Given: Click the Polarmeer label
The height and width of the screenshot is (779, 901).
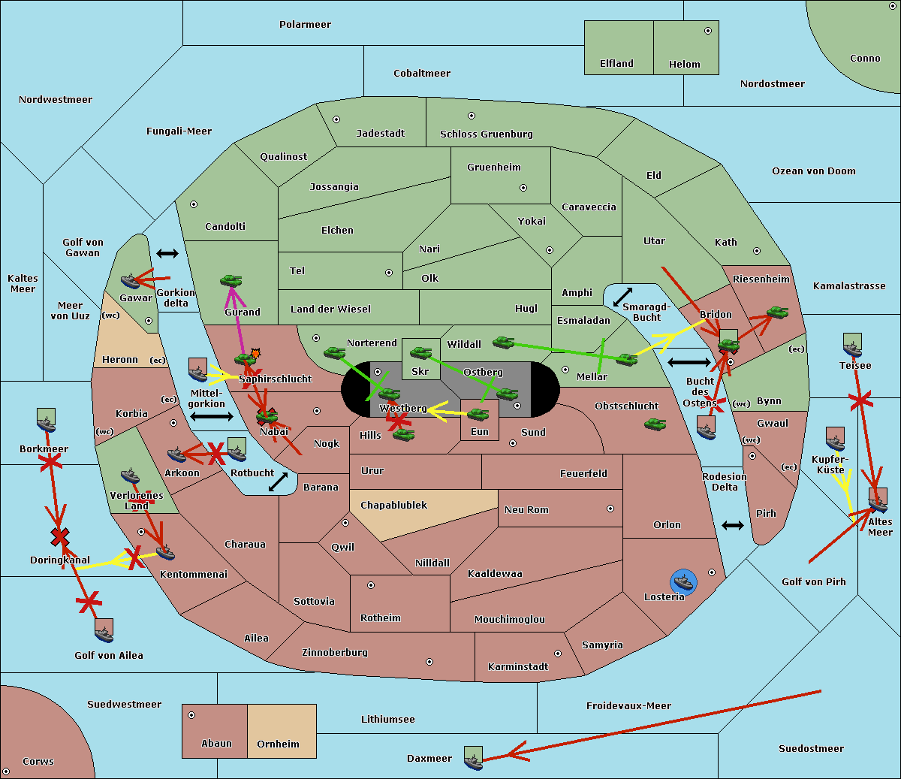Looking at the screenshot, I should point(305,25).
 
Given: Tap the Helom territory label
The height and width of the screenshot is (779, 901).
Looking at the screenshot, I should point(684,65).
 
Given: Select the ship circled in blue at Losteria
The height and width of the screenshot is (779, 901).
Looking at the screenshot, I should point(683,581).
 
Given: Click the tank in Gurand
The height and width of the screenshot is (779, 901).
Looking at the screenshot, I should point(231,280).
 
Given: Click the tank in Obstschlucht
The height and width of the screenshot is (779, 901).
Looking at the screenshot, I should point(655,424).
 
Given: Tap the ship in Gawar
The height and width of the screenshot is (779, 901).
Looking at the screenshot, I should point(131,281).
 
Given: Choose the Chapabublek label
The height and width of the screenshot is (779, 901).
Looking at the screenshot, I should point(393,506).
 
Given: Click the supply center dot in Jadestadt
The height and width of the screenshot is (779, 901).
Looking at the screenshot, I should point(336,119).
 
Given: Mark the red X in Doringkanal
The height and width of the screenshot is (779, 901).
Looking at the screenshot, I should point(60,536).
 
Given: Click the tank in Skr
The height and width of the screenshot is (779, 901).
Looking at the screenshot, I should point(420,352).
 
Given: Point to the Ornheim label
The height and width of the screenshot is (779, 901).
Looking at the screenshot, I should point(278,744).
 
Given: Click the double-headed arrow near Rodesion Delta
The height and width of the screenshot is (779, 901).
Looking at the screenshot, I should point(733,525).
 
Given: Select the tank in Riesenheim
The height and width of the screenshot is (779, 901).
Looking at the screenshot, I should point(777,312).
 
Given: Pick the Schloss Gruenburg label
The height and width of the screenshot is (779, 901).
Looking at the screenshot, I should point(486,134).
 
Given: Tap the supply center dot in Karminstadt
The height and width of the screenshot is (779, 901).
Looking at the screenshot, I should point(558,654).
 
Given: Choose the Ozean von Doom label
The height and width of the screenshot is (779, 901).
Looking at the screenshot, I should point(813,171).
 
